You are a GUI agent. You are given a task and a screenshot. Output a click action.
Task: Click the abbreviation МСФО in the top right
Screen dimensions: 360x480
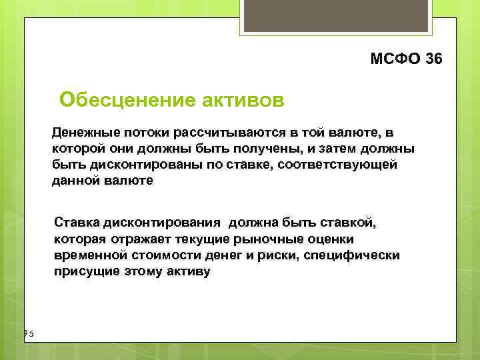pyautogui.click(x=394, y=59)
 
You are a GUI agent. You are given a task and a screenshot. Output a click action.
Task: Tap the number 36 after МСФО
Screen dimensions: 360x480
pyautogui.click(x=432, y=59)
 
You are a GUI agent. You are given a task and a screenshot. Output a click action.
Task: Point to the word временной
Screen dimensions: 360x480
pyautogui.click(x=89, y=255)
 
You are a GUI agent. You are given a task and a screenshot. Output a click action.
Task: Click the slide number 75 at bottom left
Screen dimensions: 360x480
pyautogui.click(x=27, y=334)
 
